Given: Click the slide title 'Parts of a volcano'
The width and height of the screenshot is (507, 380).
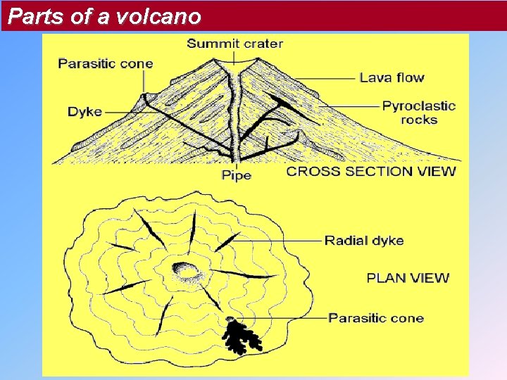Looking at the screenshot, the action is click(105, 16).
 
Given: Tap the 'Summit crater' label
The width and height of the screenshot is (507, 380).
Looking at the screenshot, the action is click(234, 44).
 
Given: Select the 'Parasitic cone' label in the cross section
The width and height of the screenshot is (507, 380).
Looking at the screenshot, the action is click(106, 63).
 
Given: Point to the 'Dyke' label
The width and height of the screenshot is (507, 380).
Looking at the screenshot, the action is click(84, 112).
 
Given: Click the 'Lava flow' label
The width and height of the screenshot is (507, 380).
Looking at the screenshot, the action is click(392, 77).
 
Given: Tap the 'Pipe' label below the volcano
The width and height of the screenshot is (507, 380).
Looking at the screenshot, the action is click(236, 175).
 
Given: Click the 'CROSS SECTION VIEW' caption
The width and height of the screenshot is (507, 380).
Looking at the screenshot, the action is click(371, 171).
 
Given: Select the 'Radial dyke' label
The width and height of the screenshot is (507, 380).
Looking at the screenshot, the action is click(363, 241).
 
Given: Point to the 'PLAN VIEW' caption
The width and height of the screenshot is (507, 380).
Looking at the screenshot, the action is click(408, 277).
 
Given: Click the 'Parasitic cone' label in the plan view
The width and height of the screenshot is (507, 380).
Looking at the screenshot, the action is click(376, 318).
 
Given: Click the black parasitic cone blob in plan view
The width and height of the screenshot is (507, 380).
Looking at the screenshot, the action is click(241, 336).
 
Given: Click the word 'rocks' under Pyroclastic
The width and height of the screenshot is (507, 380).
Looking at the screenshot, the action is click(419, 120).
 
